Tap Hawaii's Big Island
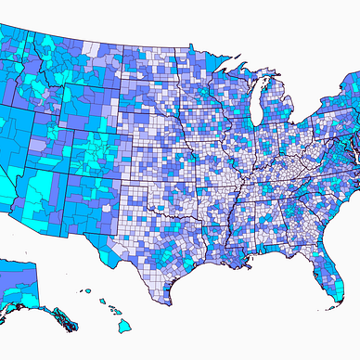pos(124,326)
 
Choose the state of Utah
pos(68,139)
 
